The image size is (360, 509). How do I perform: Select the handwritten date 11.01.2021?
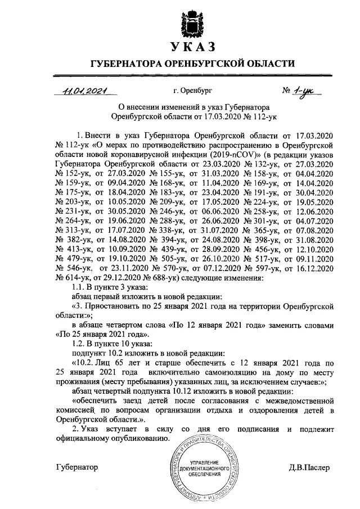[x=85, y=90]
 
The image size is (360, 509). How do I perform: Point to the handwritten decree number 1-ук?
[x=304, y=91]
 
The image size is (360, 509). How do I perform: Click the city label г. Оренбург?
[x=193, y=90]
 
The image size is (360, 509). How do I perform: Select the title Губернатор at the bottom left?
[x=77, y=467]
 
